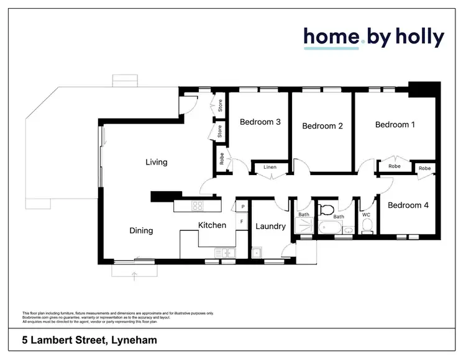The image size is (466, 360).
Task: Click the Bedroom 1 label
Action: pos(395,125)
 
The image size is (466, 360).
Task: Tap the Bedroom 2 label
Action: pos(322,126)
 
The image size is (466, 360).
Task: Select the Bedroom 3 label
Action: pos(260,122)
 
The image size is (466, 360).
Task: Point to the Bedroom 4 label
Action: pos(408,205)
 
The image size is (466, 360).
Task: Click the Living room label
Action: pos(157,162)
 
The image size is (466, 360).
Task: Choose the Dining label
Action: pos(141,230)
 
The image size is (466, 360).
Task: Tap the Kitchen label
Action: pos(212,225)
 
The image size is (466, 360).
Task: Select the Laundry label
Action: pos(270,226)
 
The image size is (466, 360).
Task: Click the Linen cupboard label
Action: pos(270,167)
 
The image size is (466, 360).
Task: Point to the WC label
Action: pos(366,215)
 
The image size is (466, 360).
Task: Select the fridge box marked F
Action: pos(242,221)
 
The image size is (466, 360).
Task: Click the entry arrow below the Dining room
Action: pos(134,274)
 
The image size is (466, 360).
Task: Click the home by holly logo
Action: pos(373,38)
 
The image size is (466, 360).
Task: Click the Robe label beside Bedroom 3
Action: pos(221,158)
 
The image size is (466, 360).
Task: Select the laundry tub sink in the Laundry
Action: pos(256,253)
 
